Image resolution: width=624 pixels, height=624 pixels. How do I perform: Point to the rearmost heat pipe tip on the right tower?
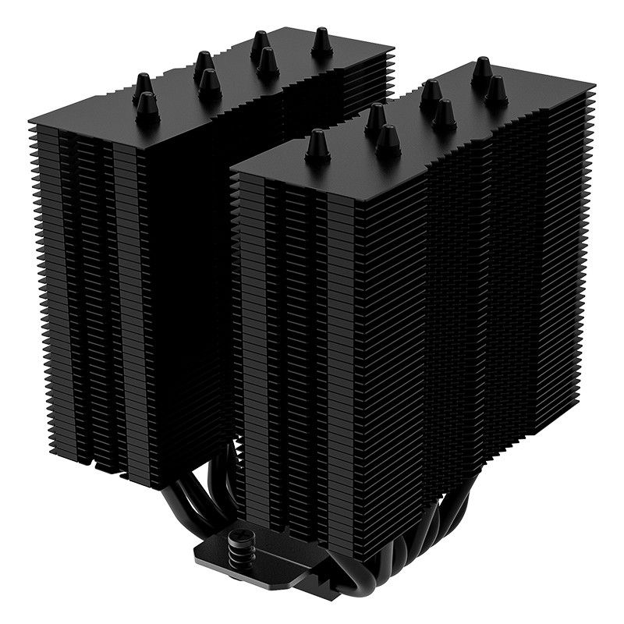coord(481,68)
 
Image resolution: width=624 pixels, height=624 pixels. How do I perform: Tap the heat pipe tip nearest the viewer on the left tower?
coord(146,105)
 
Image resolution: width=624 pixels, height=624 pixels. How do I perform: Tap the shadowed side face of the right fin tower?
coord(484,312)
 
